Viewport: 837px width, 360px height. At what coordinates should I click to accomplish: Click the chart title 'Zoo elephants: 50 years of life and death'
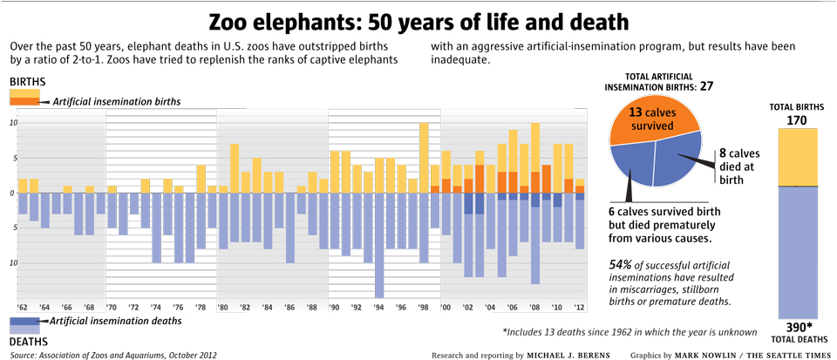[x=418, y=21]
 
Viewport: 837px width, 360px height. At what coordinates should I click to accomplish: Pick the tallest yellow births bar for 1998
[x=424, y=158]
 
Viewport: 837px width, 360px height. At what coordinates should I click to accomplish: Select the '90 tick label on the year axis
[x=334, y=308]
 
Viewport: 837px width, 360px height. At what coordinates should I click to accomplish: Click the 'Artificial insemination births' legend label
[x=117, y=102]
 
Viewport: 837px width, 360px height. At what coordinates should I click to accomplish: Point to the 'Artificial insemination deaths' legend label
[x=117, y=321]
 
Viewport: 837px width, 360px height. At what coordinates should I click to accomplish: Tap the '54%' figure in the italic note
[x=621, y=264]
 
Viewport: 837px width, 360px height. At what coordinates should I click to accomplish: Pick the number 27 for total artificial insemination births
[x=707, y=86]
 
